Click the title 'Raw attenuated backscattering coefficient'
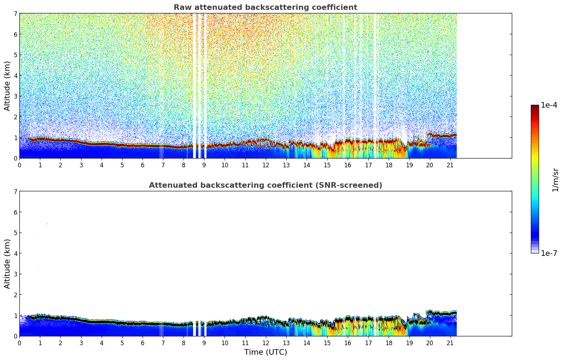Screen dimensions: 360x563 tap(265, 7)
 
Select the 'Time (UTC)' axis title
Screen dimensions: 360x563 tap(265, 352)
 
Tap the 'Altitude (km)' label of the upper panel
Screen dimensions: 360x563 tap(7, 86)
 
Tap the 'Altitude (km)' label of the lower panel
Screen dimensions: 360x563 tap(7, 264)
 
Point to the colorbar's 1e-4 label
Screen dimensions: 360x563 tap(549, 105)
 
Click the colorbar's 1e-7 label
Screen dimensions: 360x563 tap(549, 253)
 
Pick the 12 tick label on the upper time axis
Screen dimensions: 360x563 tap(265, 165)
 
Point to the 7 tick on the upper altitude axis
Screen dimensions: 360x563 tap(15, 13)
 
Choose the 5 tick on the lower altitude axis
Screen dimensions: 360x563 tap(15, 233)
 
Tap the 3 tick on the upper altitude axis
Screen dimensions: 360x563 tap(15, 96)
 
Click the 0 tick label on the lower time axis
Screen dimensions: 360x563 tap(19, 343)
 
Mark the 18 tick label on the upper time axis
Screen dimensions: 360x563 tap(389, 165)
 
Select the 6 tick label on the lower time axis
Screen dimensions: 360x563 tap(143, 343)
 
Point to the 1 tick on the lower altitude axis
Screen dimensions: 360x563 tap(15, 315)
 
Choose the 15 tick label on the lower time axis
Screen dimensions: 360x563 tap(327, 343)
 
